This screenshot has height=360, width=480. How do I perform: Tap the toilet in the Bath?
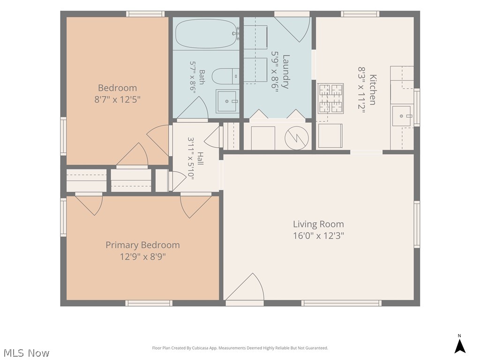[x=225, y=76]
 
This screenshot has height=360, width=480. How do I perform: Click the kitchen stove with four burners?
[x=330, y=98]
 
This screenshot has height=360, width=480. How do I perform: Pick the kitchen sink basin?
[x=402, y=116]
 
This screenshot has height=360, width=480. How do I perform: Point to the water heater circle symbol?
[x=296, y=138]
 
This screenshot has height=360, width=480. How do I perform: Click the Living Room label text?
[x=318, y=224]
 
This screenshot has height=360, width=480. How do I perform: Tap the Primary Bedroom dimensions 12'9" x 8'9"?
[x=142, y=256]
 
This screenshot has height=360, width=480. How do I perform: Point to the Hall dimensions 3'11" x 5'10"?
[x=191, y=158]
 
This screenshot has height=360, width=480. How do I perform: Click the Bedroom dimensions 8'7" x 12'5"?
[x=117, y=99]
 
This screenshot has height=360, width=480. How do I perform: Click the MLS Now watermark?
[x=26, y=353]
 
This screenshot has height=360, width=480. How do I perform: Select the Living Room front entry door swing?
[x=245, y=286]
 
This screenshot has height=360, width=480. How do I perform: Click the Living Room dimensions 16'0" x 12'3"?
[x=318, y=236]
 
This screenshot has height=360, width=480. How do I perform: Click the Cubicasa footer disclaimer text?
[x=240, y=348]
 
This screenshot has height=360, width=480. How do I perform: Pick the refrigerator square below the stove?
[x=330, y=135]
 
